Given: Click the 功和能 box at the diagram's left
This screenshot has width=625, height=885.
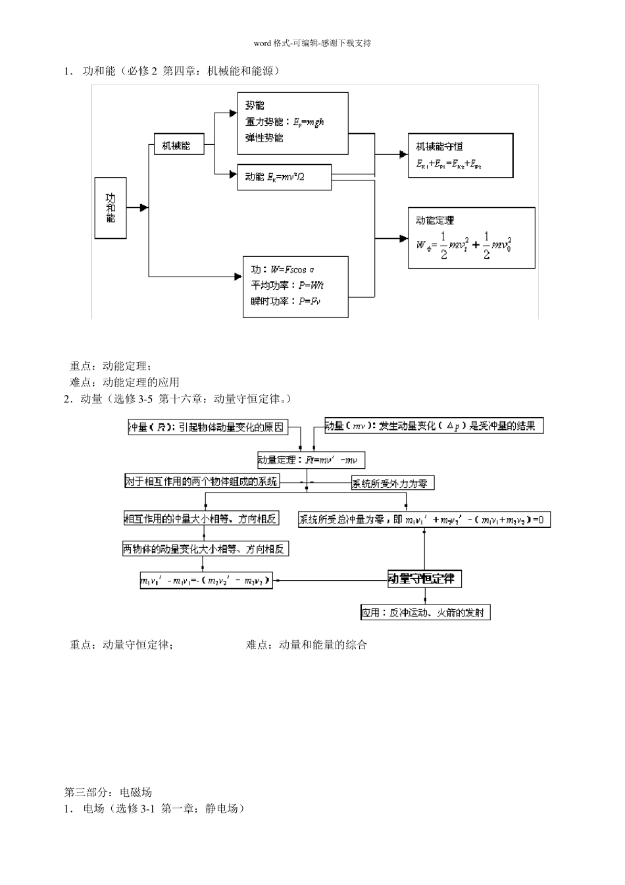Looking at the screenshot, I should (111, 207).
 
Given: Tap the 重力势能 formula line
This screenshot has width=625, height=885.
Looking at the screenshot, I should (285, 122).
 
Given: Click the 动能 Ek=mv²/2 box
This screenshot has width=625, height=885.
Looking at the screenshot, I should (284, 176).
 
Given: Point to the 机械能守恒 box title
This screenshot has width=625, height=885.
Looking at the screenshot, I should (439, 146).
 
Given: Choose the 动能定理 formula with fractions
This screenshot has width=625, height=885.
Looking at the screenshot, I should (464, 245).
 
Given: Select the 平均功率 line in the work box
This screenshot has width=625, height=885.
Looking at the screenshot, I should (287, 285).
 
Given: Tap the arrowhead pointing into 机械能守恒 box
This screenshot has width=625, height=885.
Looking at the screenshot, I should (403, 154).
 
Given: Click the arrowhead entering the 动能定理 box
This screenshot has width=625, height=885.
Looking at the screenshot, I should (403, 238).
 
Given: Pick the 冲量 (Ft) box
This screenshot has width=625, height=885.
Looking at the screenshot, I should (207, 427).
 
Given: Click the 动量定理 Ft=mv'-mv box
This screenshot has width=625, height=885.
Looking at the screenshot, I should (311, 460).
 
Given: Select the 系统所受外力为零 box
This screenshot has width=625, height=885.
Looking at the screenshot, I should (393, 483).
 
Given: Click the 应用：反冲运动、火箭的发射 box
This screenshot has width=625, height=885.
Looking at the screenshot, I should (425, 612).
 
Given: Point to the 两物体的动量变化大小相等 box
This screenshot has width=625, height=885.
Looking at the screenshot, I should (206, 549).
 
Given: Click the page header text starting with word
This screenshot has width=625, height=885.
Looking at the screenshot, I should (312, 43).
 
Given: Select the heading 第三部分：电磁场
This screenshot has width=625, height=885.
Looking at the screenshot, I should (108, 791).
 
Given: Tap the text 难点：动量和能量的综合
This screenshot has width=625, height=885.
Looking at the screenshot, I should (307, 645).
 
